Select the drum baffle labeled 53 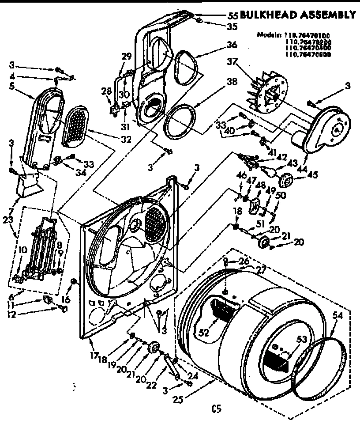coord(277,356)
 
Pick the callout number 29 coord(127,56)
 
